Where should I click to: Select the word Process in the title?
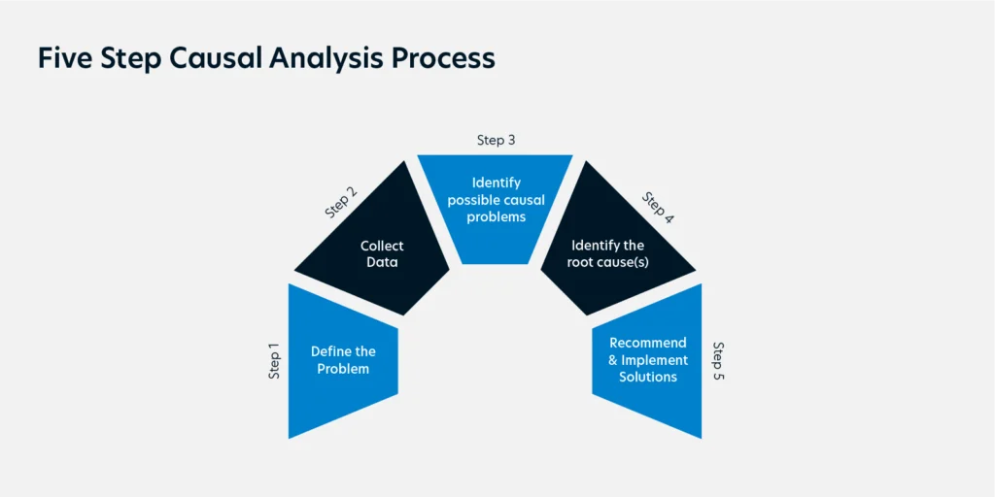point(443,57)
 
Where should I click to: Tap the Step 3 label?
point(496,140)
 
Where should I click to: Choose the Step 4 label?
point(658,208)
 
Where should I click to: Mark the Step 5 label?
point(718,361)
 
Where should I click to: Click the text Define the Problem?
point(343,360)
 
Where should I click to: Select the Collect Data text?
point(382,253)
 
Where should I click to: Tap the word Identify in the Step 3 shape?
point(497,183)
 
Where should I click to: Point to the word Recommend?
point(648,343)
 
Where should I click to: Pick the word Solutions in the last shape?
point(648,378)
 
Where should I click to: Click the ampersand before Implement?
point(614,360)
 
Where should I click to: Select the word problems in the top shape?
point(497,216)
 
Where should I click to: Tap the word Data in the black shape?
point(382,261)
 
